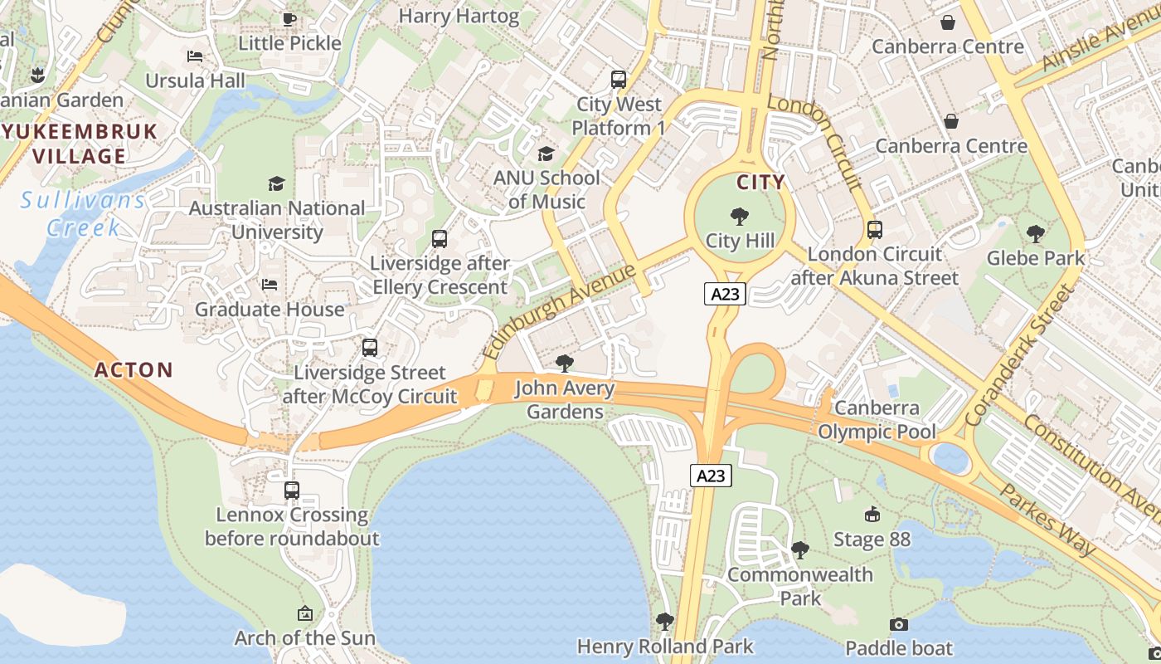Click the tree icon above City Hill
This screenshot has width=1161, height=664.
point(739,217)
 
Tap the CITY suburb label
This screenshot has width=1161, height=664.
point(760,182)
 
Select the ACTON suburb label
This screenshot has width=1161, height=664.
point(134,370)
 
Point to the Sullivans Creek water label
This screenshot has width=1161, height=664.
point(83,213)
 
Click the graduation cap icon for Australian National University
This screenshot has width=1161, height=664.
point(276,183)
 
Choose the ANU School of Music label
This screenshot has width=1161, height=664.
point(546,189)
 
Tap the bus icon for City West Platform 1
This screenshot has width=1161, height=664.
point(618,80)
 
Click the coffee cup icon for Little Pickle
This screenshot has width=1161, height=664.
point(289,19)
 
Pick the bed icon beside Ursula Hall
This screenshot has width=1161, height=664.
point(195,56)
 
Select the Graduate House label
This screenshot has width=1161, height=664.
point(270,310)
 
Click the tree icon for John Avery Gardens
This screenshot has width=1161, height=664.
point(565,363)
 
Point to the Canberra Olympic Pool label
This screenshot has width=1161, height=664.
point(877,420)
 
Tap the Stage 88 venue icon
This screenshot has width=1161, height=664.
point(872,515)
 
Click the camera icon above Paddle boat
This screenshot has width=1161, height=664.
point(898,624)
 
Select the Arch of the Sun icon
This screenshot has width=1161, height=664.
point(305,614)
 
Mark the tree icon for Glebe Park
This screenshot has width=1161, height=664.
point(1035,233)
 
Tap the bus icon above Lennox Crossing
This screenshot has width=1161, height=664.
point(291,490)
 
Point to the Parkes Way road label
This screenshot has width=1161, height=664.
point(1047,519)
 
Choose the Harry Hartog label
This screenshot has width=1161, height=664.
point(459,16)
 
